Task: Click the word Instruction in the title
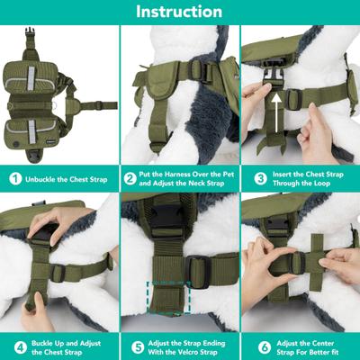[179, 12]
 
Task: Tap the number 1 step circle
[14, 178]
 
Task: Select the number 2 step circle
[131, 178]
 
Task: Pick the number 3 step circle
[253, 178]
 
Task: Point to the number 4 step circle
[14, 345]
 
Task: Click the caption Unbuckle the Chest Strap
[67, 178]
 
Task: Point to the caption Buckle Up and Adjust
[63, 345]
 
